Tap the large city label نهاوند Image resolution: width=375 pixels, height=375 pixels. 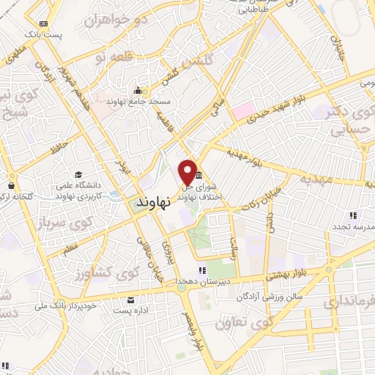[x=152, y=200]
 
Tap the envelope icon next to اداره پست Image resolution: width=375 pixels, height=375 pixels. [x=130, y=300]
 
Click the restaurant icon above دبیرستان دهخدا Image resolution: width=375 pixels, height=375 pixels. [x=182, y=272]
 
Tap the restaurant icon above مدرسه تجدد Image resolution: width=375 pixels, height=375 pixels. [x=353, y=215]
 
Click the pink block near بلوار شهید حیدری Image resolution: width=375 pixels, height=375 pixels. [x=242, y=112]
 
